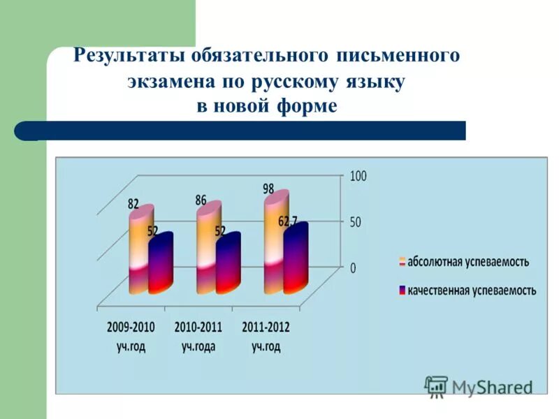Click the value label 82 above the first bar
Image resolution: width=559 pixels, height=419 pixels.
tap(133, 204)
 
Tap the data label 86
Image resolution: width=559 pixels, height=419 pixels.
tap(201, 200)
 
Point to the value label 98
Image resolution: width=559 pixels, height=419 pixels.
tap(269, 189)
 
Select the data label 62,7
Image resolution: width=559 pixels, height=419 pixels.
tap(287, 221)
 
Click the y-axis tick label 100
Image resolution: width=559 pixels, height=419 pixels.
tap(358, 177)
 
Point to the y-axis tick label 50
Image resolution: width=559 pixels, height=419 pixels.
tap(355, 222)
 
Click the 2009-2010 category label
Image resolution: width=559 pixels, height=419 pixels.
tap(131, 326)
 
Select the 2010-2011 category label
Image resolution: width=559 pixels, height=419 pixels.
tap(198, 326)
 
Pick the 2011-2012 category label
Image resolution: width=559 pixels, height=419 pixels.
tap(266, 326)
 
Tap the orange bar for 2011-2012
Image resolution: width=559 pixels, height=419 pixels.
tap(275, 241)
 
